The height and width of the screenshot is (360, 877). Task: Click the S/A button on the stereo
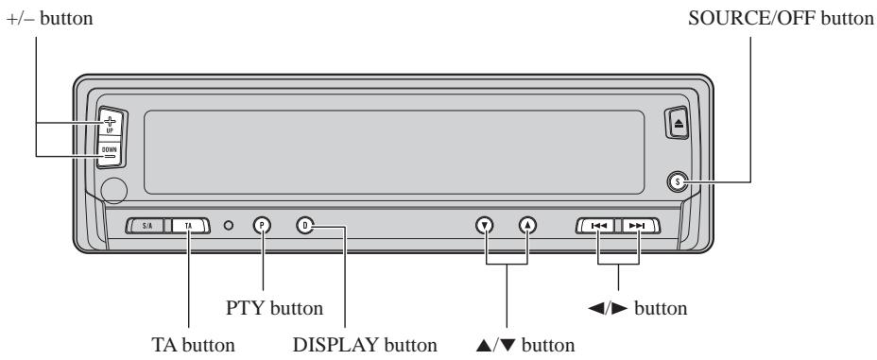click(x=147, y=226)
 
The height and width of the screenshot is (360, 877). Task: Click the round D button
click(x=304, y=225)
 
